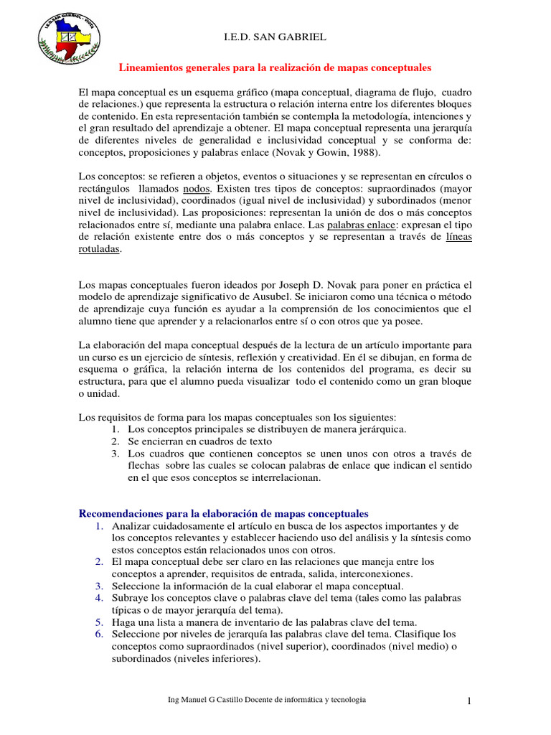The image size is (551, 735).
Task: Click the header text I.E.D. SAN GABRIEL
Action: (x=275, y=37)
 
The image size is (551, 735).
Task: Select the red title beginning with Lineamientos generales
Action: (x=275, y=68)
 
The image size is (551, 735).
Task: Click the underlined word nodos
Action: (x=197, y=188)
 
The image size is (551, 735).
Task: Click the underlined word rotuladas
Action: (x=99, y=249)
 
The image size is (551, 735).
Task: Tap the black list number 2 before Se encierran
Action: (x=115, y=441)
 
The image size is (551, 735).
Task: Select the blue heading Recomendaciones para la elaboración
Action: (x=222, y=514)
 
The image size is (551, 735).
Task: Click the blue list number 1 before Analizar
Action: (x=100, y=526)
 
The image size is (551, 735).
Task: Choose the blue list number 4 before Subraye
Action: (x=100, y=598)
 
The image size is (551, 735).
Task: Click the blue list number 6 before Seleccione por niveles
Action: (x=100, y=635)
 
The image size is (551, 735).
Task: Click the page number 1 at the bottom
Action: (x=469, y=701)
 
